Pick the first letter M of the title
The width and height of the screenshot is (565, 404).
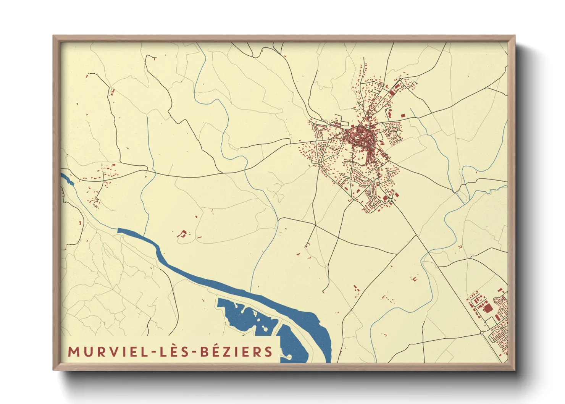pos(73,352)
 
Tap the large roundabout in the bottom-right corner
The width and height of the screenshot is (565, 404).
pos(482,333)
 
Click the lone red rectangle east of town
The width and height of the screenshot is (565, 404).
pos(402,115)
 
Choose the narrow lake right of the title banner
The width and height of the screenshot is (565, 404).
pos(294,344)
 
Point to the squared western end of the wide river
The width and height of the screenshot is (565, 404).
pos(119,230)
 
